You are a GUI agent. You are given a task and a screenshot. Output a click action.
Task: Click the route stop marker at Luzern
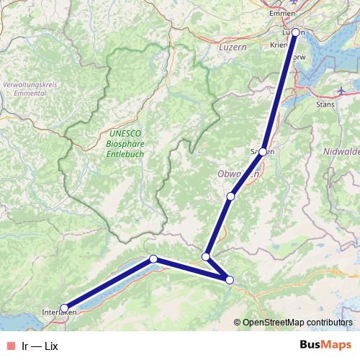click(x=294, y=32)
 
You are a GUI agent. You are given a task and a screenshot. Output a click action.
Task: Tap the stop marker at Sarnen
click(x=264, y=151)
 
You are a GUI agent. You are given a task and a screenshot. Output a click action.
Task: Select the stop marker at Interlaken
click(x=64, y=308)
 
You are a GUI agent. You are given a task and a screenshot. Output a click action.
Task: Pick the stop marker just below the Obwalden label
click(x=230, y=196)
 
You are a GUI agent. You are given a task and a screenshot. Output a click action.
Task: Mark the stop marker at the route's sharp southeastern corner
click(x=230, y=280)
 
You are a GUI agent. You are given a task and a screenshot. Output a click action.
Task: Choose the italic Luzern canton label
click(x=231, y=46)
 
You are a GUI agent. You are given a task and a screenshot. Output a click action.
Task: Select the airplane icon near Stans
click(x=343, y=91)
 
